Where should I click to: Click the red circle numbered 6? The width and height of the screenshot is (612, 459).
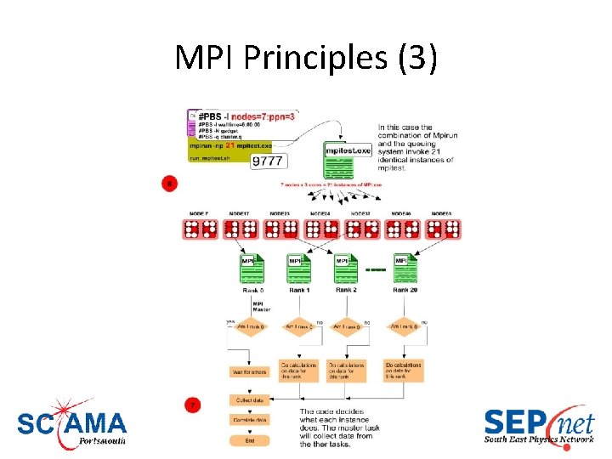click(x=170, y=182)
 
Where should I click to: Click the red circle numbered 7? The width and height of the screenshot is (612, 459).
click(x=194, y=405)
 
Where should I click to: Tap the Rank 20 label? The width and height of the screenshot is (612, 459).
click(x=405, y=290)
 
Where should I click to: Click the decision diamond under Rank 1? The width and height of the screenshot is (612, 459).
click(x=299, y=326)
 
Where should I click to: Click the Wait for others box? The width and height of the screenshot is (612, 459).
click(x=248, y=371)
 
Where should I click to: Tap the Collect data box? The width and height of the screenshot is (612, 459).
click(x=248, y=400)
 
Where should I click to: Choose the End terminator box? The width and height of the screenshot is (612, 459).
click(x=248, y=440)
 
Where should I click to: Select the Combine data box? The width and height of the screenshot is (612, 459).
click(x=248, y=420)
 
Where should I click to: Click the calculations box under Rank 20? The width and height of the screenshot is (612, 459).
click(x=403, y=370)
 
